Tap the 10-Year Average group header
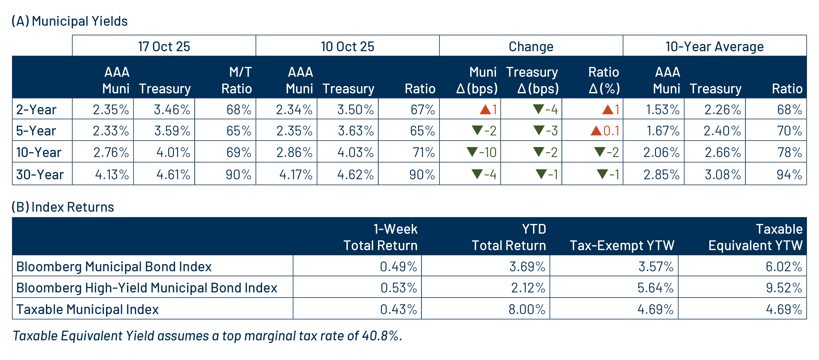714,46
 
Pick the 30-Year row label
40,174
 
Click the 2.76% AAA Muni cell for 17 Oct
111,152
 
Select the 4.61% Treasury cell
173,174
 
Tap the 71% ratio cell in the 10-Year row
424,152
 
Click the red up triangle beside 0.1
596,131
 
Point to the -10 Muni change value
488,152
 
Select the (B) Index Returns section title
63,207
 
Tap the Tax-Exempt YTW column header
622,245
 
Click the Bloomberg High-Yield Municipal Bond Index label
147,288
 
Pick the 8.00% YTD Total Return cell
527,309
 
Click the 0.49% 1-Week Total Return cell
398,266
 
